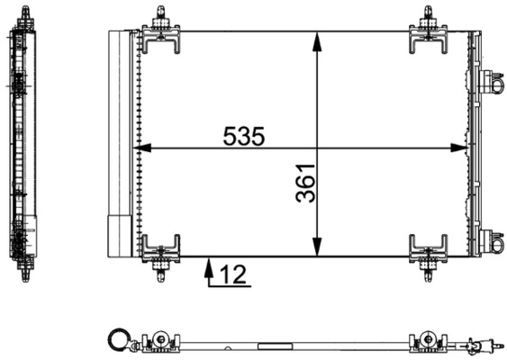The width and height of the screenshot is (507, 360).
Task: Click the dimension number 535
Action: tap(244, 137)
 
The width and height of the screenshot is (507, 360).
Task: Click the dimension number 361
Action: tap(306, 183)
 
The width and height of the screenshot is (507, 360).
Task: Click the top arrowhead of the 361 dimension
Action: tap(317, 38)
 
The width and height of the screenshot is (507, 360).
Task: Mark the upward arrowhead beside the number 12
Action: tap(209, 265)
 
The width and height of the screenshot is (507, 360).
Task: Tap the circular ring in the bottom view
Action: tap(117, 340)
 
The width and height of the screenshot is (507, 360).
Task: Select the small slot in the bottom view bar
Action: tap(270, 344)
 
